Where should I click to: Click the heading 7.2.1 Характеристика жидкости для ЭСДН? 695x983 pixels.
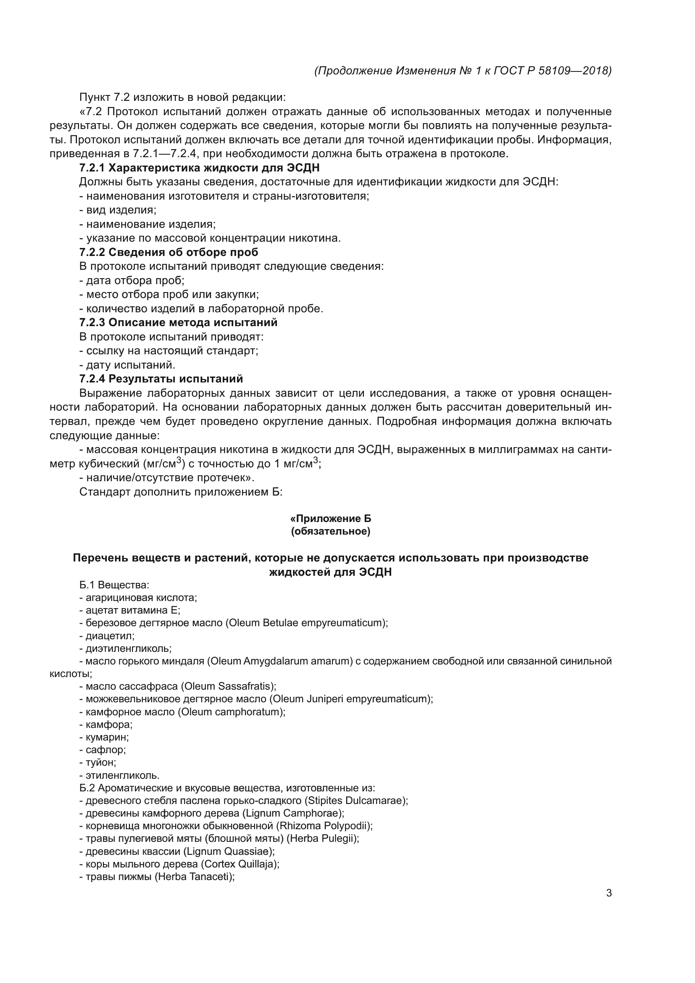click(199, 168)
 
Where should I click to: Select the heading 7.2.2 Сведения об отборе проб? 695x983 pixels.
click(168, 252)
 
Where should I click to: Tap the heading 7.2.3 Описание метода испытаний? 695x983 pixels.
click(178, 322)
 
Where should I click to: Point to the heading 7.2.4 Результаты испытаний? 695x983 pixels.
click(161, 379)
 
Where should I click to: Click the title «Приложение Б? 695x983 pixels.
click(330, 519)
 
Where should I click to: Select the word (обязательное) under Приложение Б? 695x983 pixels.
click(330, 532)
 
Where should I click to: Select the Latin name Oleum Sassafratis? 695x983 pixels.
click(228, 686)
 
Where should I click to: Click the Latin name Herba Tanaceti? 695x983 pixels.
click(195, 877)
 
